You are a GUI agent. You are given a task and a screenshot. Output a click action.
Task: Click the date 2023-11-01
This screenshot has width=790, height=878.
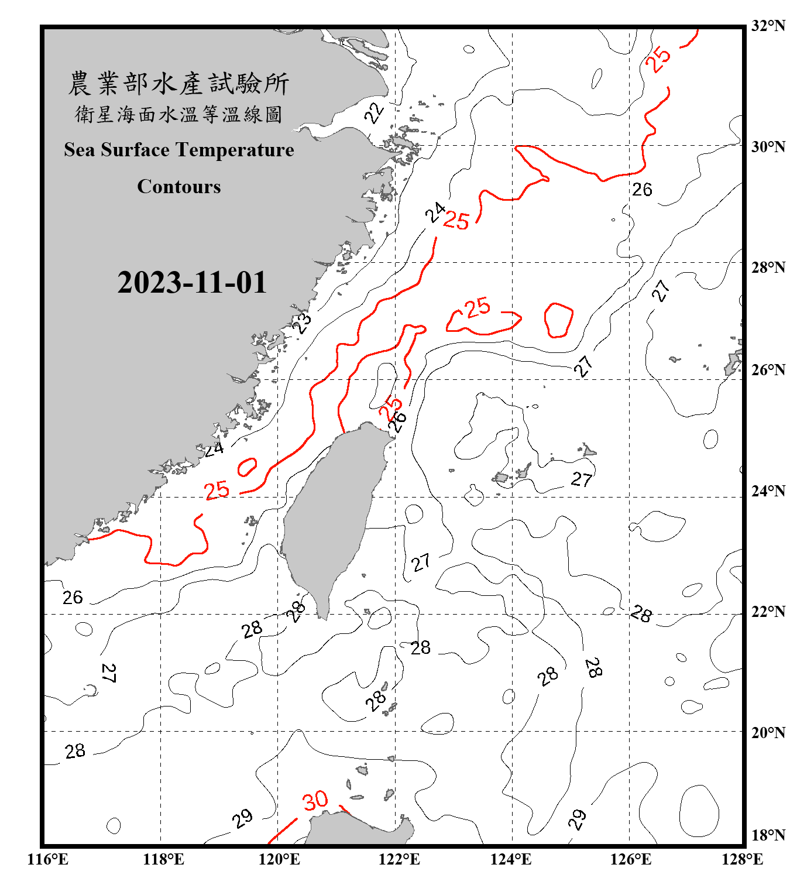(192, 283)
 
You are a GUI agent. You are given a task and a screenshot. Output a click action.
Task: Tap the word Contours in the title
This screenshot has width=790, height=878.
(179, 187)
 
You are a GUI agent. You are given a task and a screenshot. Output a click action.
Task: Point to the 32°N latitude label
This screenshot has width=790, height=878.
(768, 26)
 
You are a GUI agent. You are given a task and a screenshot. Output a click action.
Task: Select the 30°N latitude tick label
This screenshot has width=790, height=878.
(768, 146)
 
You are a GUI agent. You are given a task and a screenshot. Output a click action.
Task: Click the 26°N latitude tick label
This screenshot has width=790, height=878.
(768, 370)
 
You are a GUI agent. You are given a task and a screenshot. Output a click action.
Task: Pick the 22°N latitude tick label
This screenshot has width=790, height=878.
(768, 612)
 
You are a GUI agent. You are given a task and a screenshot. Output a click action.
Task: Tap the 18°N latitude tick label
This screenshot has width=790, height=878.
(768, 835)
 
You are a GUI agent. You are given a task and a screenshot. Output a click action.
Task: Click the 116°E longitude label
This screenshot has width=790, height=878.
(48, 859)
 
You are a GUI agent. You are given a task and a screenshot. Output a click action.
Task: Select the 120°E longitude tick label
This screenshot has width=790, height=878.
(279, 859)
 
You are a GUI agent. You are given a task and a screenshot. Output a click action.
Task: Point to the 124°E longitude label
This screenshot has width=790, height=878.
(511, 859)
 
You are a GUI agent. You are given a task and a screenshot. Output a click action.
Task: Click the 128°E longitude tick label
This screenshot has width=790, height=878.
(742, 859)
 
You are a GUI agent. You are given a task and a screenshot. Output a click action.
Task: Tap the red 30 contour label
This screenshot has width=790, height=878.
(315, 800)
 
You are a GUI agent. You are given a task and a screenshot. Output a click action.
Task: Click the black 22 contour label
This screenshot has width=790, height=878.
(375, 112)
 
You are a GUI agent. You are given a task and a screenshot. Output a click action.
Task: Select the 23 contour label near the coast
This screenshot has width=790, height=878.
(302, 323)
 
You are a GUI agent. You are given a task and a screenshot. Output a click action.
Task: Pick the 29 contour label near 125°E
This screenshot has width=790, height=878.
(578, 819)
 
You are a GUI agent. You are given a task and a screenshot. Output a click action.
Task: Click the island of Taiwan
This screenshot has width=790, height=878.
(334, 515)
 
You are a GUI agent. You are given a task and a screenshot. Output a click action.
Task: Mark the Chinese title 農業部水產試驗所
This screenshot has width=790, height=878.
(178, 84)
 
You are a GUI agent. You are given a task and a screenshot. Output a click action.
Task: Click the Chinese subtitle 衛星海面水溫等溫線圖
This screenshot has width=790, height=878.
(178, 115)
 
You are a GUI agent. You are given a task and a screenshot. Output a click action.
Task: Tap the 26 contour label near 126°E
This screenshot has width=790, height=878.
(642, 190)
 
